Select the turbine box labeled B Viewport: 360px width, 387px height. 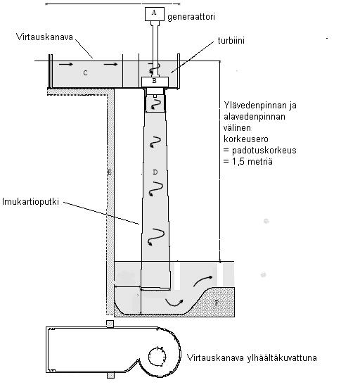(155, 81)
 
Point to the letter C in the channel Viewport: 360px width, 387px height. (85, 72)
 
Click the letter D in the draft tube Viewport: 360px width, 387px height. (155, 172)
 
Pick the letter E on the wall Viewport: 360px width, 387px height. (109, 172)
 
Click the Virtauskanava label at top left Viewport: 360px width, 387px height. (40, 34)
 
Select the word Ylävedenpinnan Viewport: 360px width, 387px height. (254, 107)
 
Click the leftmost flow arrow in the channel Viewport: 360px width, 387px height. (65, 64)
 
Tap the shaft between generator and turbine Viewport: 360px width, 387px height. (155, 41)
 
